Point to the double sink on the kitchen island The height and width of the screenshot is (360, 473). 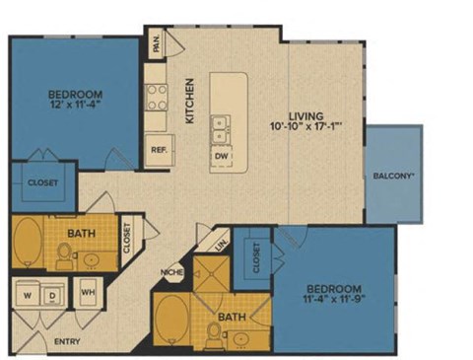click(223, 125)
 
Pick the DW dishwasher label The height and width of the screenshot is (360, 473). click(221, 156)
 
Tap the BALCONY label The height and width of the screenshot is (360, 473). click(394, 177)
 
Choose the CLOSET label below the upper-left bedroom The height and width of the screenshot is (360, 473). click(43, 182)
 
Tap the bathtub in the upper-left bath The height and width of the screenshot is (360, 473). click(29, 242)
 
